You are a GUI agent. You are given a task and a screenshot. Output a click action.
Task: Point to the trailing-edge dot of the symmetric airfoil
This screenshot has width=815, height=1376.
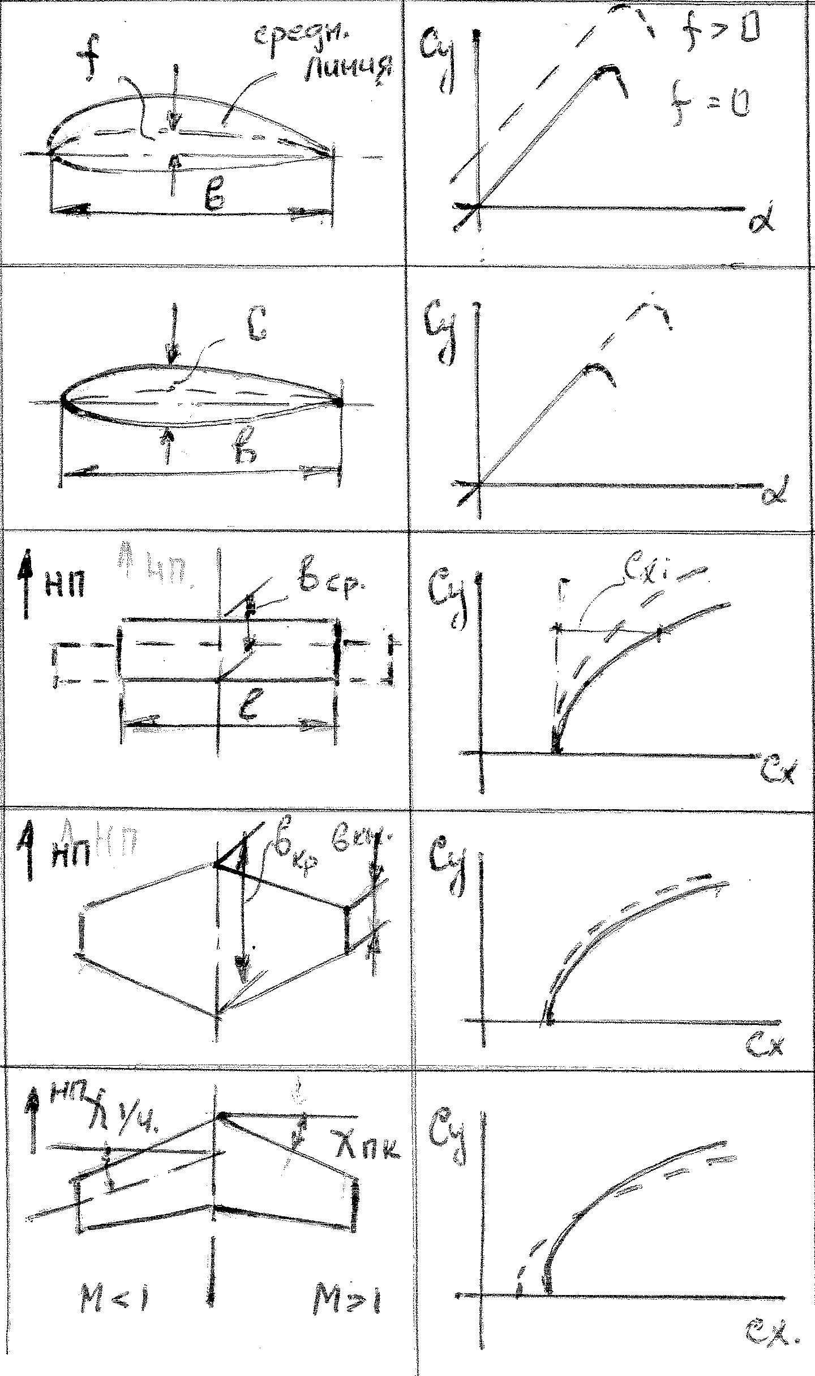(x=339, y=403)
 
